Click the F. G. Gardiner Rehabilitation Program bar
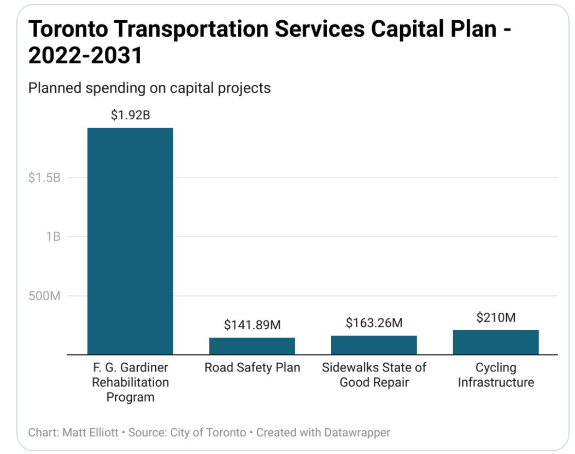pyautogui.click(x=130, y=241)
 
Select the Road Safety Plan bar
pyautogui.click(x=252, y=346)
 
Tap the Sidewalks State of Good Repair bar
pyautogui.click(x=374, y=345)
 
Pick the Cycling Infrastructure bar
pyautogui.click(x=496, y=342)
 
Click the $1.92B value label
pyautogui.click(x=130, y=115)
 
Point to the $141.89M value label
pyautogui.click(x=252, y=325)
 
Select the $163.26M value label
pyautogui.click(x=374, y=323)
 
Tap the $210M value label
pyautogui.click(x=496, y=317)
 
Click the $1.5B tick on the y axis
pyautogui.click(x=44, y=178)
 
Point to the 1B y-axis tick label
pyautogui.click(x=52, y=237)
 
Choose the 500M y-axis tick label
pyautogui.click(x=44, y=296)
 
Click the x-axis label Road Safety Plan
pyautogui.click(x=252, y=368)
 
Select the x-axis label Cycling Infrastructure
pyautogui.click(x=496, y=375)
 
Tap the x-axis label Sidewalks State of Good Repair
pyautogui.click(x=374, y=375)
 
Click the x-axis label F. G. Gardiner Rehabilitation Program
pyautogui.click(x=130, y=382)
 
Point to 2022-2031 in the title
pyautogui.click(x=85, y=55)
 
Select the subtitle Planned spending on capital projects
pyautogui.click(x=149, y=88)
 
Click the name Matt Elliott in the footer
pyautogui.click(x=86, y=432)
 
